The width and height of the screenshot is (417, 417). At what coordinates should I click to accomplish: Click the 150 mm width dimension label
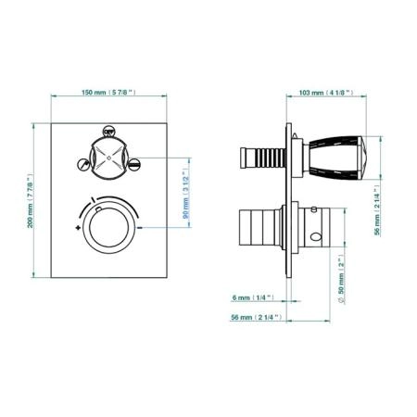click(108, 92)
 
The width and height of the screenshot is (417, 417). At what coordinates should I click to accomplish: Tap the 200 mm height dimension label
click(30, 200)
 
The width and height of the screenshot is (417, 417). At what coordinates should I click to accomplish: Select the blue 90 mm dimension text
click(185, 194)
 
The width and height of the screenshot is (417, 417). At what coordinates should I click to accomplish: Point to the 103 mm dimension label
click(326, 93)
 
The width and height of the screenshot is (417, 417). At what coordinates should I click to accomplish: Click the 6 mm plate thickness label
click(253, 297)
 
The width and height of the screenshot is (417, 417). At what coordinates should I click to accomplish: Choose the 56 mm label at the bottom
click(257, 317)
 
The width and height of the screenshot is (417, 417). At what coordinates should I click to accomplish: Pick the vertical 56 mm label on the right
click(377, 210)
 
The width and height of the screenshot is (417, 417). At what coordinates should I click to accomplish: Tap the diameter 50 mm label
click(341, 279)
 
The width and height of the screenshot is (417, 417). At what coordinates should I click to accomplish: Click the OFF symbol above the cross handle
click(108, 132)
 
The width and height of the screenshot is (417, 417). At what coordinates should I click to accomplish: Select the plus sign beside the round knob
click(78, 228)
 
